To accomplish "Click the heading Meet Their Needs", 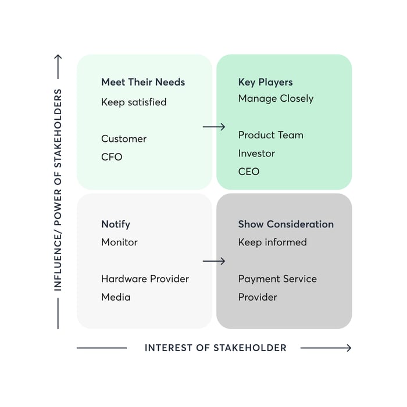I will pos(143,82).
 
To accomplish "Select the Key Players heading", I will pos(265,82).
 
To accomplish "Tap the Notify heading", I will pos(116,224).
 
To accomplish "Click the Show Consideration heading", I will pos(286,224).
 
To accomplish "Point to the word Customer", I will pos(124,139).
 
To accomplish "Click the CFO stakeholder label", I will pos(112,157).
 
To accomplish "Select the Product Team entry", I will pos(270,135).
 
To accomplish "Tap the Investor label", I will pos(256,153).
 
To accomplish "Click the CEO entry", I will pos(249,172).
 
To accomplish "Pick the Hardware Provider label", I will pos(145,279).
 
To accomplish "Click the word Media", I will pos(116,297).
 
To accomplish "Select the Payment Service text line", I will pos(277,279).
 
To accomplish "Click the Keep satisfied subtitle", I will pos(134,102).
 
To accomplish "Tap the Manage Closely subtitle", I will pos(276,98).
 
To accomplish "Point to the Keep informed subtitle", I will pos(272,242).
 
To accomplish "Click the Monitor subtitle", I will pos(119,242).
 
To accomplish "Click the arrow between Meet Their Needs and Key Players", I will pos(214,127).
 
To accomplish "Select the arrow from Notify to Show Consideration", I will pos(214,262).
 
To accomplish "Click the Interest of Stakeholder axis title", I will pos(215,348).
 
